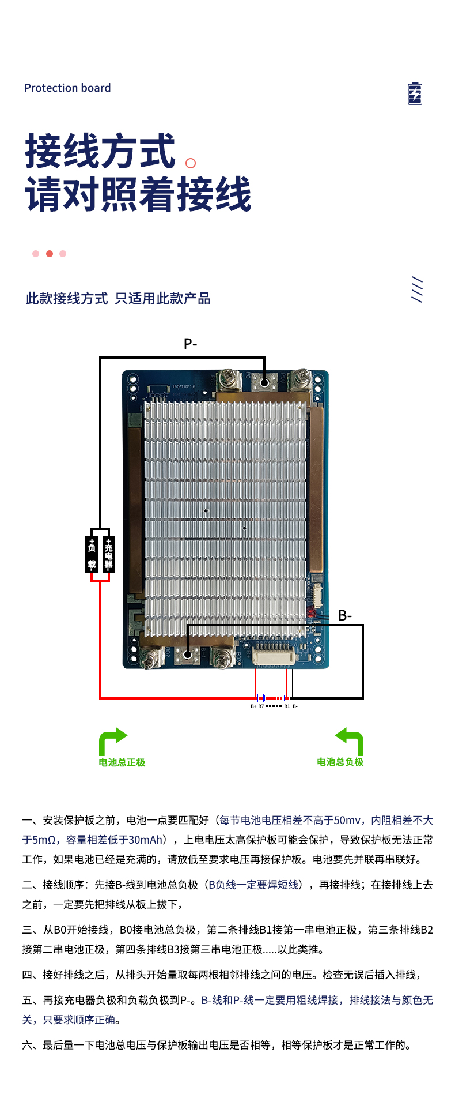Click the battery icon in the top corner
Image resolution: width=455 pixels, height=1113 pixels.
pos(415,93)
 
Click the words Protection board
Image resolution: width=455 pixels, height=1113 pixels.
pos(67,88)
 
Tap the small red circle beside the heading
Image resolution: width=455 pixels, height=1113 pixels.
pos(191,163)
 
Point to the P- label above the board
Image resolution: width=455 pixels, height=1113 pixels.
pos(190,344)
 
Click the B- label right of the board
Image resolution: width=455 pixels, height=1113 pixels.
pos(345,615)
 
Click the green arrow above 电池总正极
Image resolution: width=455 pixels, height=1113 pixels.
pos(112,740)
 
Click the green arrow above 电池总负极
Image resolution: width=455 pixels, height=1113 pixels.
pos(350,740)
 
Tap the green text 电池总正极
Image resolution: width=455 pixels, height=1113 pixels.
pos(122,762)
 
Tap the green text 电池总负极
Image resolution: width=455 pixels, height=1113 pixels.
pos(340,762)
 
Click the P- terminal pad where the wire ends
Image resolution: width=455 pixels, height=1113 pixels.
pos(264,382)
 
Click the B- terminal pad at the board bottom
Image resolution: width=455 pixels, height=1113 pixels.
pos(187,654)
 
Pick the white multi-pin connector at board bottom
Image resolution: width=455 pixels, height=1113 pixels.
pos(274,656)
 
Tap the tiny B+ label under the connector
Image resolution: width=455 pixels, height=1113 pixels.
pos(253,706)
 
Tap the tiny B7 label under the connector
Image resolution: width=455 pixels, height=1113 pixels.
pos(261,706)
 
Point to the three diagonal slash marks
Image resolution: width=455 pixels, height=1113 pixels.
pos(417,289)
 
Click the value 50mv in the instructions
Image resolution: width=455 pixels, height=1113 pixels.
pos(347,820)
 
